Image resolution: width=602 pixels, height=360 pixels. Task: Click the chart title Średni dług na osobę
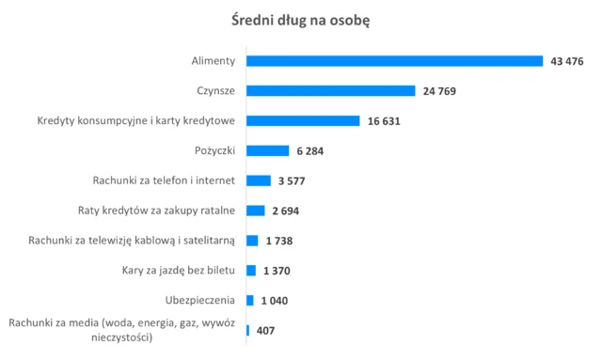(x=301, y=20)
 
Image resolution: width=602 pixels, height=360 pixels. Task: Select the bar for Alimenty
(x=394, y=61)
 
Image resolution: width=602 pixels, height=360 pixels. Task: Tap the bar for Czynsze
(x=330, y=91)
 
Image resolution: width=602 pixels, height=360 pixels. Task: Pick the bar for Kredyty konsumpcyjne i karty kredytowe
(x=303, y=121)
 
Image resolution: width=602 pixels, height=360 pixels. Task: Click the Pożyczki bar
(x=267, y=150)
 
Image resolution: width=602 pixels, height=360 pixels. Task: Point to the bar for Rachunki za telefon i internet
(x=258, y=180)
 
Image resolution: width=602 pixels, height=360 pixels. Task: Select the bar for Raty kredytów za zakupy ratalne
(x=255, y=211)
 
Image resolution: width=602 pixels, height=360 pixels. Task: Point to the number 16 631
(x=387, y=121)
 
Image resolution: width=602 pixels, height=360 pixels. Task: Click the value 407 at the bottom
(x=265, y=331)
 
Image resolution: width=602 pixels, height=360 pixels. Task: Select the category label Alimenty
(x=213, y=61)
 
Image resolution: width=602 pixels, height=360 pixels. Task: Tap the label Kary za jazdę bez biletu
(x=179, y=271)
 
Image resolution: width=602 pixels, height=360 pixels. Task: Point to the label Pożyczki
(x=214, y=150)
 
